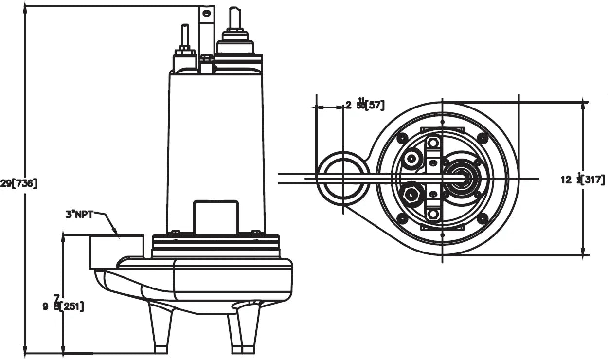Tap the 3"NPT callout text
pyautogui.click(x=79, y=214)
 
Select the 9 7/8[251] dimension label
pyautogui.click(x=63, y=306)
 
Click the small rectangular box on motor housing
pyautogui.click(x=215, y=216)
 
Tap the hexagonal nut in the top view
pyautogui.click(x=412, y=195)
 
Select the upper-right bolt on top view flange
pyautogui.click(x=482, y=138)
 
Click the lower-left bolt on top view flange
pyautogui.click(x=402, y=218)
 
